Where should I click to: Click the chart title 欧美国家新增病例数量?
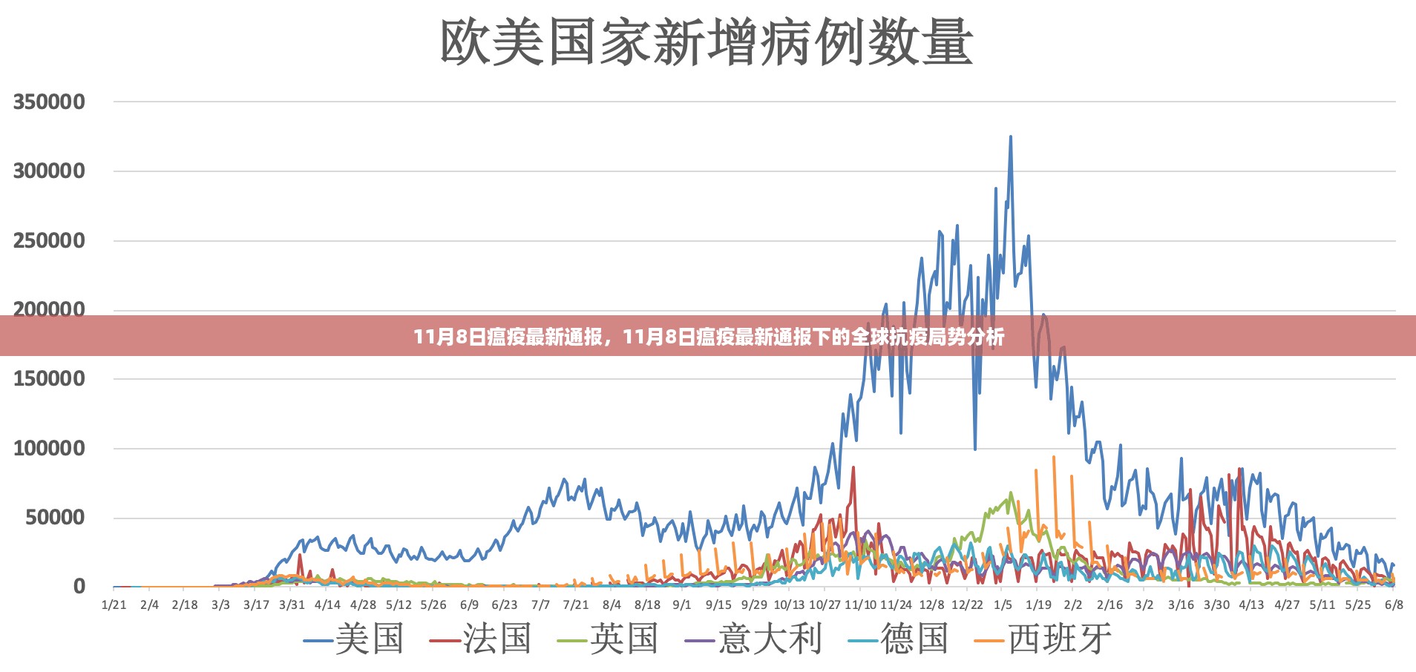[x=706, y=42]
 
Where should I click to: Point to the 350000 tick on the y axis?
[x=49, y=102]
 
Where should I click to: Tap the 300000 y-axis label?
[x=49, y=171]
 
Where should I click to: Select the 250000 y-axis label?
[x=49, y=241]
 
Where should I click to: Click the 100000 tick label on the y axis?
[x=49, y=449]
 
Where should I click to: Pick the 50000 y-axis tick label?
[x=55, y=518]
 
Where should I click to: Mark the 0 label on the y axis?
[x=79, y=587]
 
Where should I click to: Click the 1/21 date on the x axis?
[x=114, y=605]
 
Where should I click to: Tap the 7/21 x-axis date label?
[x=576, y=605]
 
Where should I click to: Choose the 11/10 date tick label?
[x=860, y=605]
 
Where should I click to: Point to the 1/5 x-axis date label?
[x=1003, y=605]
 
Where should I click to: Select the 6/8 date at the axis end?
[x=1394, y=605]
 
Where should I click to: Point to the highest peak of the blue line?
[x=1010, y=137]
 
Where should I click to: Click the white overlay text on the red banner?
[x=709, y=337]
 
